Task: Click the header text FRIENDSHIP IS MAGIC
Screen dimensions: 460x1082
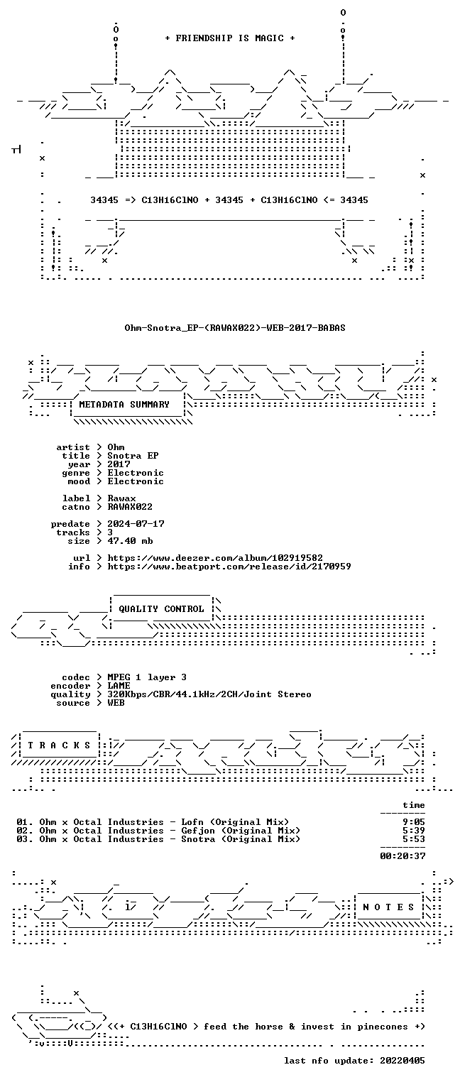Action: click(229, 38)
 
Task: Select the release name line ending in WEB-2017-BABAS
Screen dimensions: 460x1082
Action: click(235, 328)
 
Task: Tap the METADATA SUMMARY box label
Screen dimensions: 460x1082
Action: click(124, 405)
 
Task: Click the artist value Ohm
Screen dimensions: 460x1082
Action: click(116, 447)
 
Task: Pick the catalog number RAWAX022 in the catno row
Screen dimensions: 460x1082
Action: click(130, 507)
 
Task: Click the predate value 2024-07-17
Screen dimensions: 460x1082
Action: click(136, 524)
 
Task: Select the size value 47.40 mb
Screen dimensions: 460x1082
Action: click(130, 541)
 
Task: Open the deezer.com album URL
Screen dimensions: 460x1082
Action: click(215, 558)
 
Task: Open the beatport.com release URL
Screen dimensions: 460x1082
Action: click(229, 567)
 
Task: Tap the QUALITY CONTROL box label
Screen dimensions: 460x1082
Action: click(161, 609)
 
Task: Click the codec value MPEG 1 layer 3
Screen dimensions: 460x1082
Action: click(147, 678)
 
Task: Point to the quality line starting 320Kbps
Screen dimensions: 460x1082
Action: click(209, 694)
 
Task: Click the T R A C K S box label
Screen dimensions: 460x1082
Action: click(59, 745)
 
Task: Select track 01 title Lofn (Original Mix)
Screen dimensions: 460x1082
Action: click(235, 822)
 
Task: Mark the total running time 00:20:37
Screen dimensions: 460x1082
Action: click(402, 856)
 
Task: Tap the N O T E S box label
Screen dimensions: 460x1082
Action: click(388, 907)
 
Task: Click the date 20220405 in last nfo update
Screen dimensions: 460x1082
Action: click(402, 1061)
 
